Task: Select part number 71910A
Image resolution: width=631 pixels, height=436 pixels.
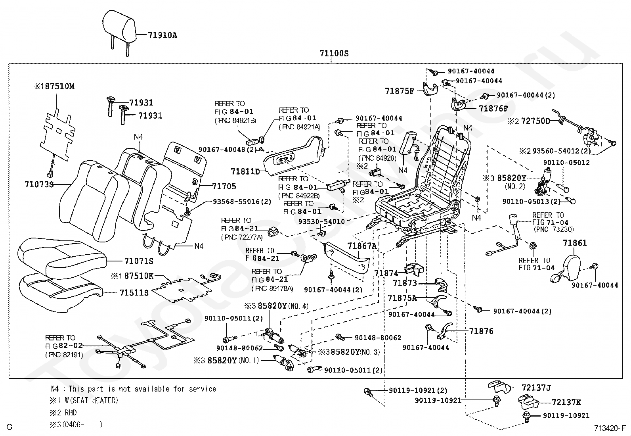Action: point(163,35)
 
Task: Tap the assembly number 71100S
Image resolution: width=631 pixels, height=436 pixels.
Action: point(334,54)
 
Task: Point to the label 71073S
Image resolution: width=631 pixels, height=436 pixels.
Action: point(39,184)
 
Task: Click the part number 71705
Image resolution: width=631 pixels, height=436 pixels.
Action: point(224,186)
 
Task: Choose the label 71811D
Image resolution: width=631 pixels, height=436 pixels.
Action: point(245,171)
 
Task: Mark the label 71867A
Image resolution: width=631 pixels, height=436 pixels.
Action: point(361,246)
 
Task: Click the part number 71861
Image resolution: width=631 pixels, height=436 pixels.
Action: point(575,243)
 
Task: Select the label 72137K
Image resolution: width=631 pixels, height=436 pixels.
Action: point(566,402)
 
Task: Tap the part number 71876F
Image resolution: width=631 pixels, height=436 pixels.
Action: point(493,108)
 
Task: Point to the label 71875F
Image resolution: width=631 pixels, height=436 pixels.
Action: point(399,91)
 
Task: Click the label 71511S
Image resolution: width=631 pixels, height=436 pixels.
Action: point(134,293)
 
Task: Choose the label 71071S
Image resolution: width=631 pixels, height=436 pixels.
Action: point(138,261)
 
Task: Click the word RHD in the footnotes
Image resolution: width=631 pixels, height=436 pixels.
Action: point(71,413)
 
